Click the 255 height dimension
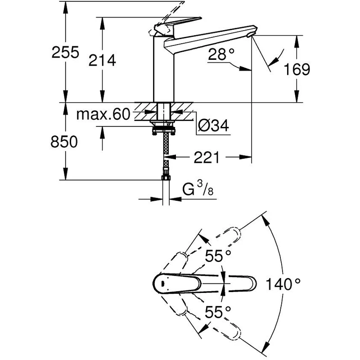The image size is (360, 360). click(x=65, y=52)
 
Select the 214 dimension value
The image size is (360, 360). click(x=103, y=60)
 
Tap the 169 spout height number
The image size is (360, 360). click(x=297, y=69)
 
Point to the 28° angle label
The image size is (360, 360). click(x=221, y=54)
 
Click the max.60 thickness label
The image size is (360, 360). click(x=103, y=114)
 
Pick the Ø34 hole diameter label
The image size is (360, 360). click(x=213, y=126)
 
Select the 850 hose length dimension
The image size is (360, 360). click(x=64, y=141)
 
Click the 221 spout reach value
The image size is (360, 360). click(x=207, y=157)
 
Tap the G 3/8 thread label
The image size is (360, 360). click(x=198, y=189)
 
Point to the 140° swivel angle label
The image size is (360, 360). click(x=283, y=284)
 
